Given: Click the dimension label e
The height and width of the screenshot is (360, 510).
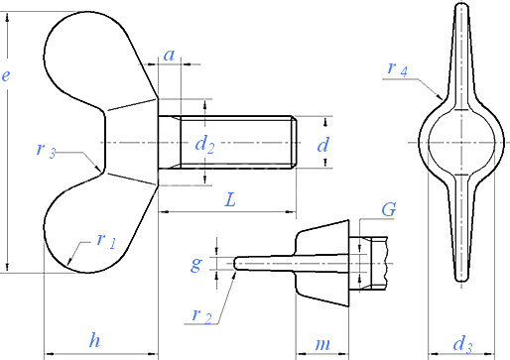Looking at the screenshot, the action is click(x=6, y=76).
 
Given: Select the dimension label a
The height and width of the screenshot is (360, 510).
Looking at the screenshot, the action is click(x=170, y=56).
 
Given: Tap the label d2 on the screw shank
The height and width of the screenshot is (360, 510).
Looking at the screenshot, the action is click(x=204, y=145).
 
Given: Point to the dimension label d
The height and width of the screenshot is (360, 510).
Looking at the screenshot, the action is click(x=323, y=145).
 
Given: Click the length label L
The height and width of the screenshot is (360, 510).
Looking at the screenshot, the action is click(x=230, y=200).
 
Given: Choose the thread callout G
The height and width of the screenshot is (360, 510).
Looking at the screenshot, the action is click(x=389, y=209).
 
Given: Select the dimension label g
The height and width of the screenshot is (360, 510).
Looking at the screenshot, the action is click(x=196, y=264).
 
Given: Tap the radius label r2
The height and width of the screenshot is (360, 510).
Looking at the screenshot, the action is click(x=201, y=315).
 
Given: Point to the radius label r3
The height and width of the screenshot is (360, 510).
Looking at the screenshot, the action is click(x=46, y=150).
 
